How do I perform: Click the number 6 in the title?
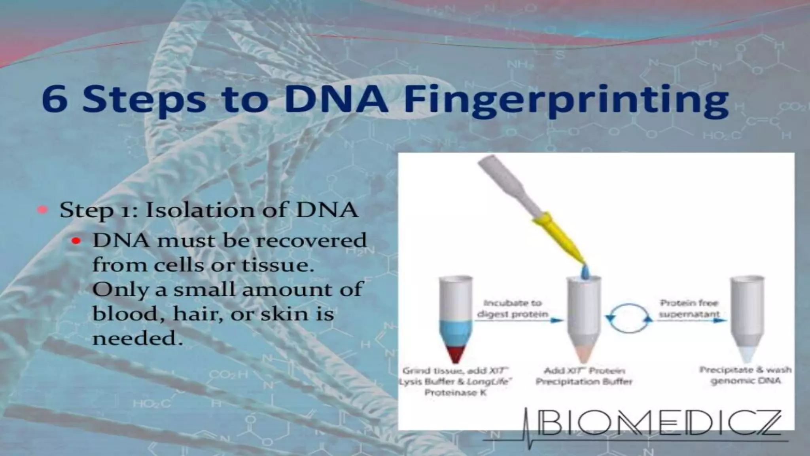[54, 100]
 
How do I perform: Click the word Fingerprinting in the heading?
[566, 100]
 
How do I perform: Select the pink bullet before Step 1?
[43, 210]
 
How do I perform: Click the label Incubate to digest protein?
[513, 309]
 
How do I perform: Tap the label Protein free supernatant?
[689, 309]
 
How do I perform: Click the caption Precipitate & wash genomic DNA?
[746, 375]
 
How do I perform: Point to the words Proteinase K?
[455, 393]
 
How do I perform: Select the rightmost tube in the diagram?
[747, 317]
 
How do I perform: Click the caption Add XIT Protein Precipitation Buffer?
[584, 376]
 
